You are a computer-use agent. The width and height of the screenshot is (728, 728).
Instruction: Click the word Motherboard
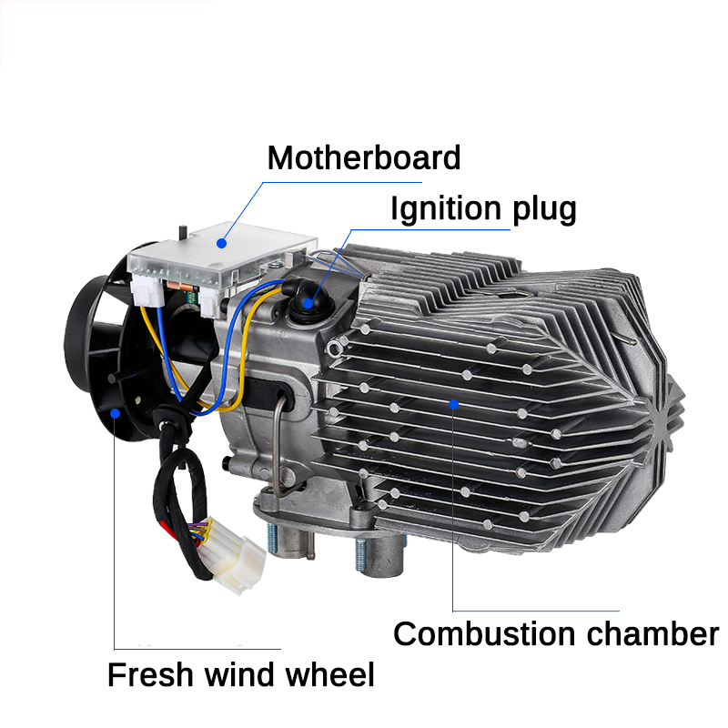click(x=364, y=157)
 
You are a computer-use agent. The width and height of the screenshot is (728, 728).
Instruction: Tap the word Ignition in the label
click(x=445, y=209)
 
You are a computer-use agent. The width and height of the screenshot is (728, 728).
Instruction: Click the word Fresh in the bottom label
click(x=149, y=675)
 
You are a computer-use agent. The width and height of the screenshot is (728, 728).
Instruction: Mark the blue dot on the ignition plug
click(x=308, y=303)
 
